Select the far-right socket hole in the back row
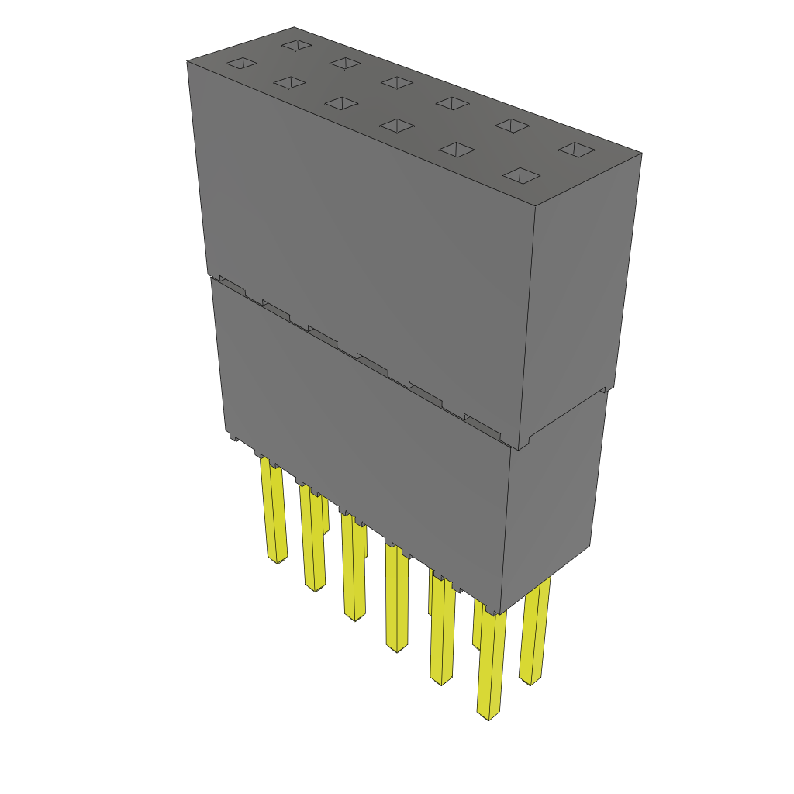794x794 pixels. [x=577, y=150]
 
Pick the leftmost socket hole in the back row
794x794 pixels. [x=296, y=45]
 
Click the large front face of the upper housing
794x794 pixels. [x=364, y=233]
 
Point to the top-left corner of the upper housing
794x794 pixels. [x=188, y=62]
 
